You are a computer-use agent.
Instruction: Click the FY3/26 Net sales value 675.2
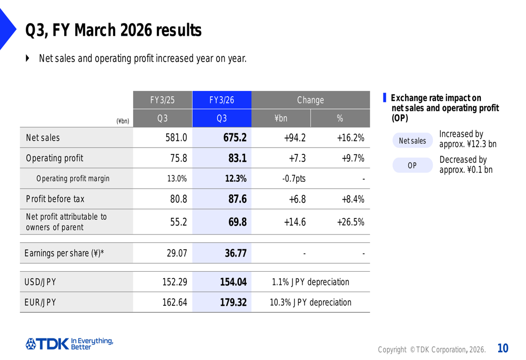coord(235,138)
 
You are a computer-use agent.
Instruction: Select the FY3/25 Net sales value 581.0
coord(176,138)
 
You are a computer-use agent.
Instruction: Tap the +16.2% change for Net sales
coord(350,138)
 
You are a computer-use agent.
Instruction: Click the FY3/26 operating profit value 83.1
coord(237,158)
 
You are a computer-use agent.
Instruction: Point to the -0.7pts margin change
coord(294,179)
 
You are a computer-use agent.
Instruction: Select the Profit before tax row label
coord(55,199)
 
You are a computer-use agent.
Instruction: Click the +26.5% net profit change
coord(350,222)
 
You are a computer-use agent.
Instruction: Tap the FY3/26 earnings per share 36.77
coord(236,253)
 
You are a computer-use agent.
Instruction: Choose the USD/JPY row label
coord(41,282)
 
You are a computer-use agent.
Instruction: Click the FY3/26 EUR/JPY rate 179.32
coord(233,303)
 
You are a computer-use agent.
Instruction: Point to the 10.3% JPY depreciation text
coord(310,303)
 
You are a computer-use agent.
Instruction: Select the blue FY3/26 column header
coord(221,100)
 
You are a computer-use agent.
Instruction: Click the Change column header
coord(310,100)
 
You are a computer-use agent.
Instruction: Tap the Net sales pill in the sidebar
coord(412,141)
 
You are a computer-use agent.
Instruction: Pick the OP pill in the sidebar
coord(412,166)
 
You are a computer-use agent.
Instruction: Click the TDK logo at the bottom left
coord(69,344)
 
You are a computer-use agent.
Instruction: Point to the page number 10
coord(503,348)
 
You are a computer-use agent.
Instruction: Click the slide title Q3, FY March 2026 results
coord(113,31)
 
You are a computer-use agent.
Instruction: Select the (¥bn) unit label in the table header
coord(123,121)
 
